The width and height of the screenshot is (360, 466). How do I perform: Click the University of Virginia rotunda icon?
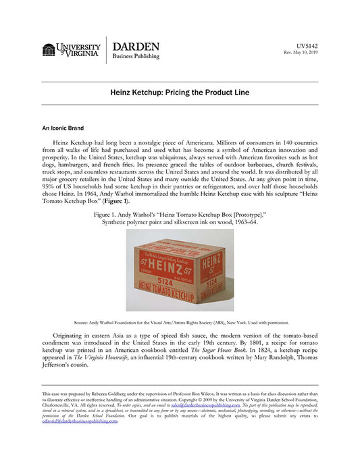(x=49, y=50)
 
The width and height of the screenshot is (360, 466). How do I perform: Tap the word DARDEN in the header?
(x=135, y=47)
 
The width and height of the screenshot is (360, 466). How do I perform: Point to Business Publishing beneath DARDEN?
(x=136, y=57)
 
